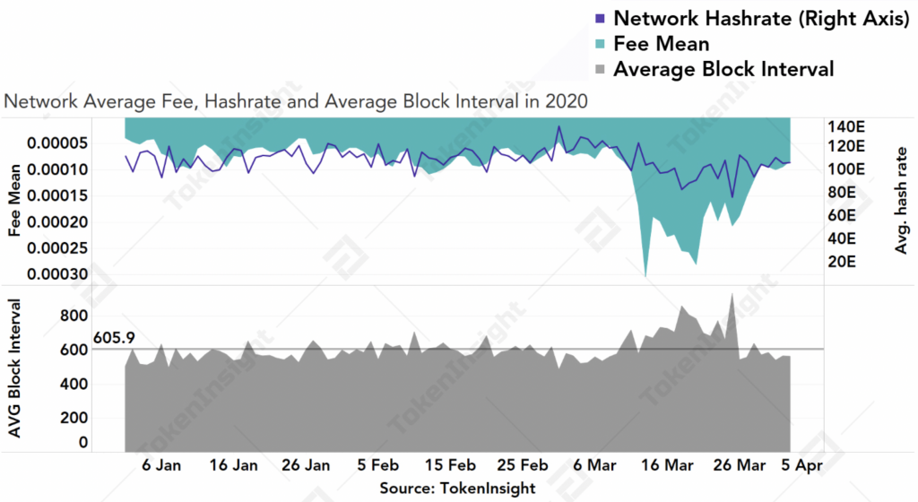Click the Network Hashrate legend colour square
tap(600, 18)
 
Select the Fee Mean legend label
tap(662, 43)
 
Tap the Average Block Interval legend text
tap(723, 69)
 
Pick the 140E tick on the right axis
tap(846, 125)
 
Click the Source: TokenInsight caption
tap(457, 489)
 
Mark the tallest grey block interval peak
tap(732, 294)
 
